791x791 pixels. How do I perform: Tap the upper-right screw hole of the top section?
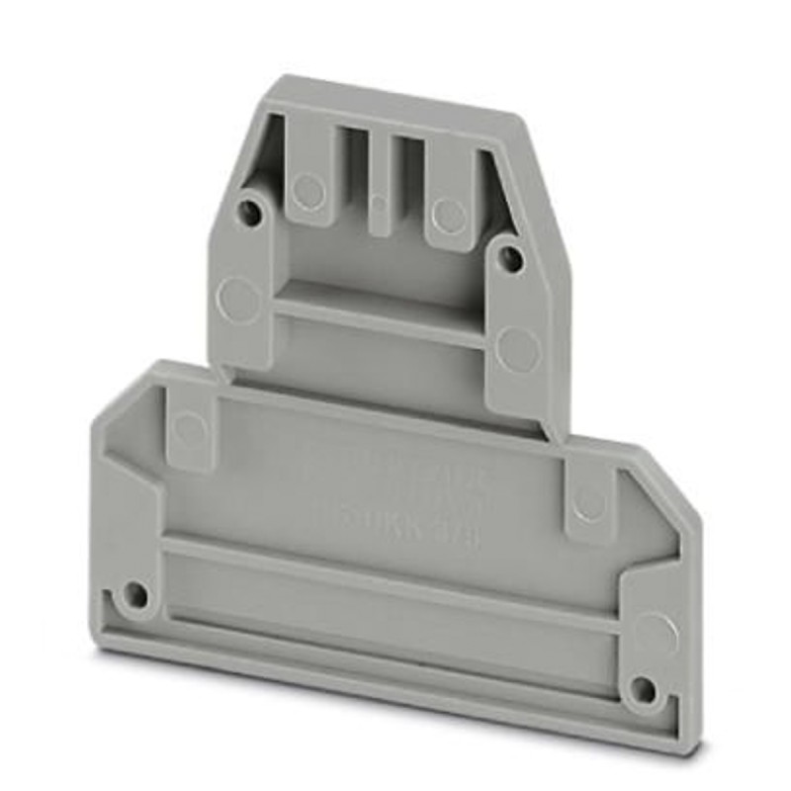pyautogui.click(x=510, y=259)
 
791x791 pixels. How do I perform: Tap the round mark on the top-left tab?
pyautogui.click(x=309, y=189)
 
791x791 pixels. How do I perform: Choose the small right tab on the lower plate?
pyautogui.click(x=588, y=504)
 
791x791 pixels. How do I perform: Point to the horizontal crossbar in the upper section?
pyautogui.click(x=380, y=320)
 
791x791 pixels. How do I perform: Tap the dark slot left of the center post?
pyautogui.click(x=355, y=168)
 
